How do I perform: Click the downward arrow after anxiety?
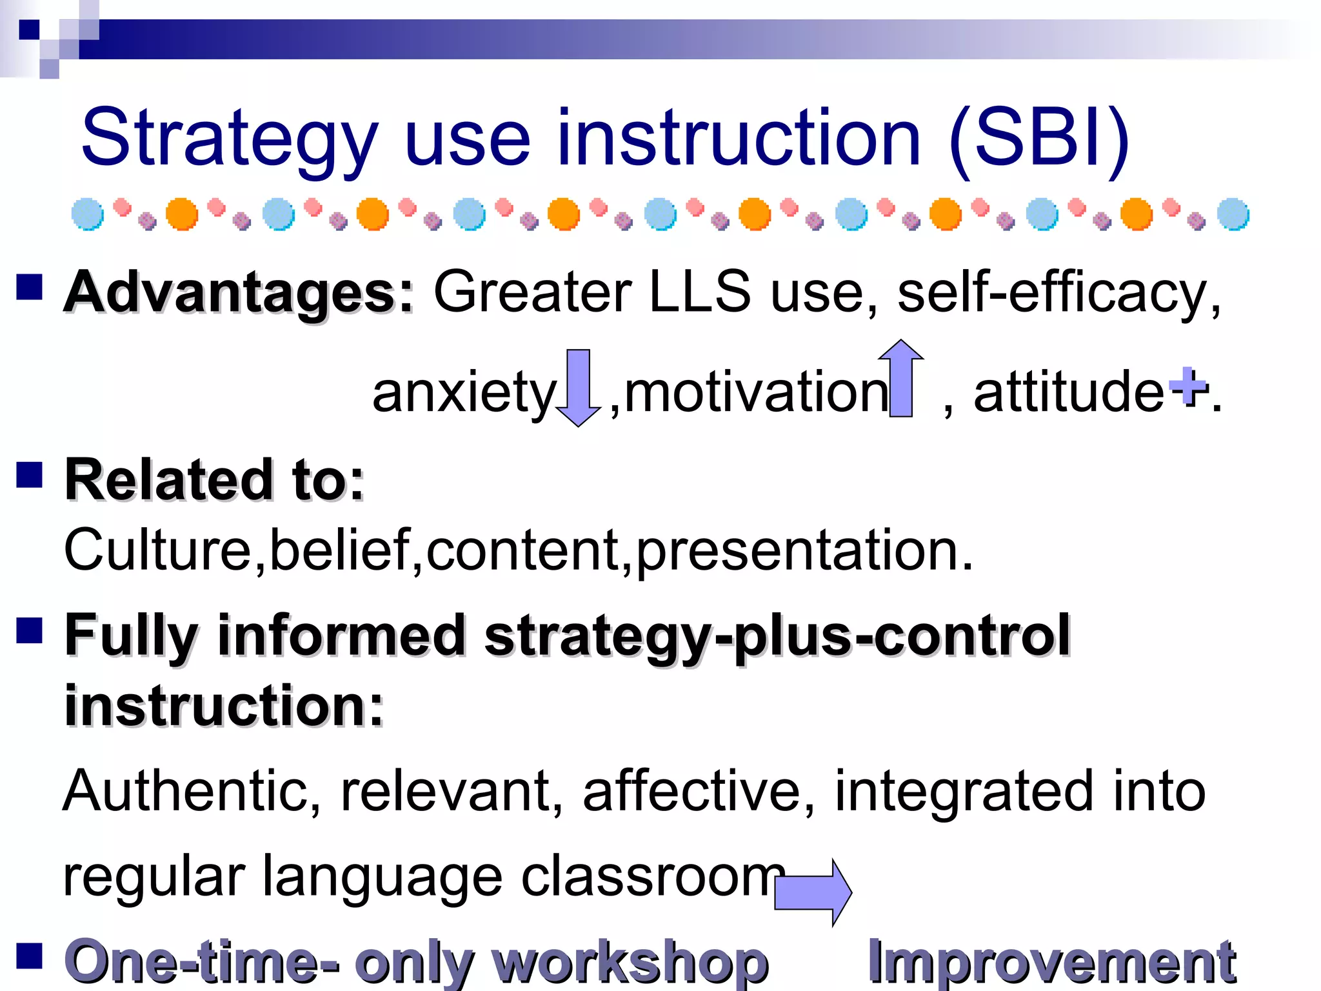579,387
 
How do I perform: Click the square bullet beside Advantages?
29,287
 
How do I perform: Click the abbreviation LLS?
700,292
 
